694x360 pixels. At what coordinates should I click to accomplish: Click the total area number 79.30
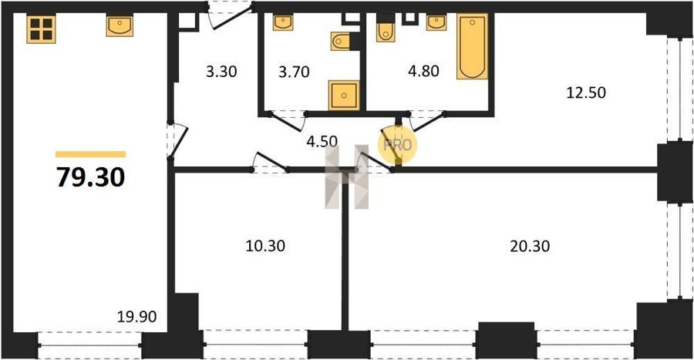point(91,177)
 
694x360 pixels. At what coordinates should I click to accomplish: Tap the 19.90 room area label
point(136,317)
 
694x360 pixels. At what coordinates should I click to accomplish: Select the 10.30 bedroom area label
point(265,245)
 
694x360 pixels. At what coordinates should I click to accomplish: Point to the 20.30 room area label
point(530,246)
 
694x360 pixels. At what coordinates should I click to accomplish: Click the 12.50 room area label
point(586,93)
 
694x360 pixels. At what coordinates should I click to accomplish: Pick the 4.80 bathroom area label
point(423,71)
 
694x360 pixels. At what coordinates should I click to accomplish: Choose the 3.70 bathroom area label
point(294,71)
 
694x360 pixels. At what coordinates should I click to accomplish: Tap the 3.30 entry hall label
point(221,71)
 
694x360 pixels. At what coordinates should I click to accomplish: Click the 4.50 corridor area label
point(322,142)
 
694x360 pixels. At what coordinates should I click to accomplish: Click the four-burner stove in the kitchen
point(41,29)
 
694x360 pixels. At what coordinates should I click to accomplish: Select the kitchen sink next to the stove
point(120,25)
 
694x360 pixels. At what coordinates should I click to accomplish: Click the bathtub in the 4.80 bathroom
point(472,46)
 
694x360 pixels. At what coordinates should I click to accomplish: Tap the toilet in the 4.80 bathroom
point(386,29)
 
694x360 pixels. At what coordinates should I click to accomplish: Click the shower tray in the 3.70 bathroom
point(344,95)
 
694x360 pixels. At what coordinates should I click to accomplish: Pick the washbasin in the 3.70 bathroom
point(283,22)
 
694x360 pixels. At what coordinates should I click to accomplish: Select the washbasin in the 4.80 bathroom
point(436,22)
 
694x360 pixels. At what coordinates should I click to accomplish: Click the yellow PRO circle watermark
point(397,145)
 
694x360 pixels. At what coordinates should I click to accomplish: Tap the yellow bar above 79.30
point(91,154)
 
